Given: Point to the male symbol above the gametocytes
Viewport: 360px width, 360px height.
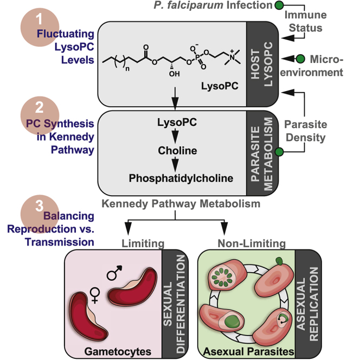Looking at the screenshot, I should tap(114, 275).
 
